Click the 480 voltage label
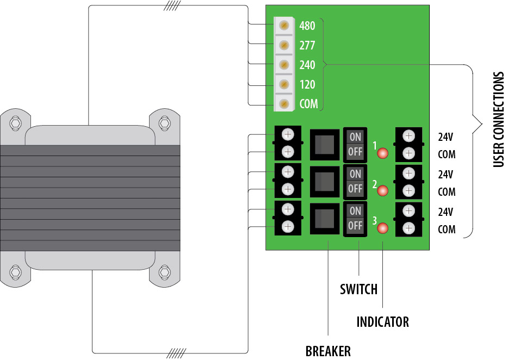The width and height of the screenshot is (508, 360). [x=307, y=26]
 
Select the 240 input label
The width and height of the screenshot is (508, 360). [x=307, y=65]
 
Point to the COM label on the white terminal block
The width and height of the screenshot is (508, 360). [x=308, y=104]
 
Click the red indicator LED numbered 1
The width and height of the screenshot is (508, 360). [x=382, y=153]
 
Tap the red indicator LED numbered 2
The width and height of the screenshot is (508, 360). [x=382, y=191]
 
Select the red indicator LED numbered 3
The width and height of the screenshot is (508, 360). [x=382, y=228]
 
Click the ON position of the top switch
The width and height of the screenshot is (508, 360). [x=355, y=138]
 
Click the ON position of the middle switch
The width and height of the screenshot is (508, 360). [x=355, y=174]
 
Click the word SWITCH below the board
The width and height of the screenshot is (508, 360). [x=358, y=289]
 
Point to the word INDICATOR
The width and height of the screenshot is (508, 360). [x=382, y=322]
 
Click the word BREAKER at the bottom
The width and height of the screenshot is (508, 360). [x=328, y=351]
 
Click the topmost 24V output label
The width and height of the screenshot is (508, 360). [x=446, y=136]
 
